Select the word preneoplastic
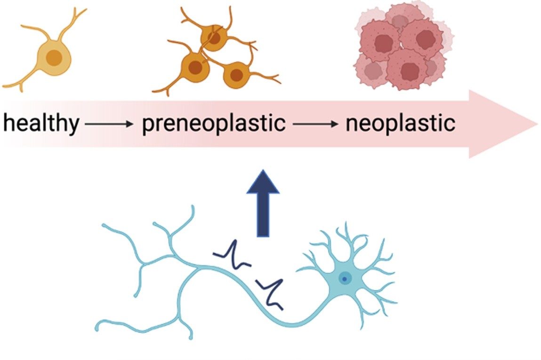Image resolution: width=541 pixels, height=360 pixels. (213, 124)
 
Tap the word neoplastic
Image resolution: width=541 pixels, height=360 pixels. (400, 124)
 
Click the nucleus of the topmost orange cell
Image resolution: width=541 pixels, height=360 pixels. (214, 39)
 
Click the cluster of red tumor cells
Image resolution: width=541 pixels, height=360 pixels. (400, 49)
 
